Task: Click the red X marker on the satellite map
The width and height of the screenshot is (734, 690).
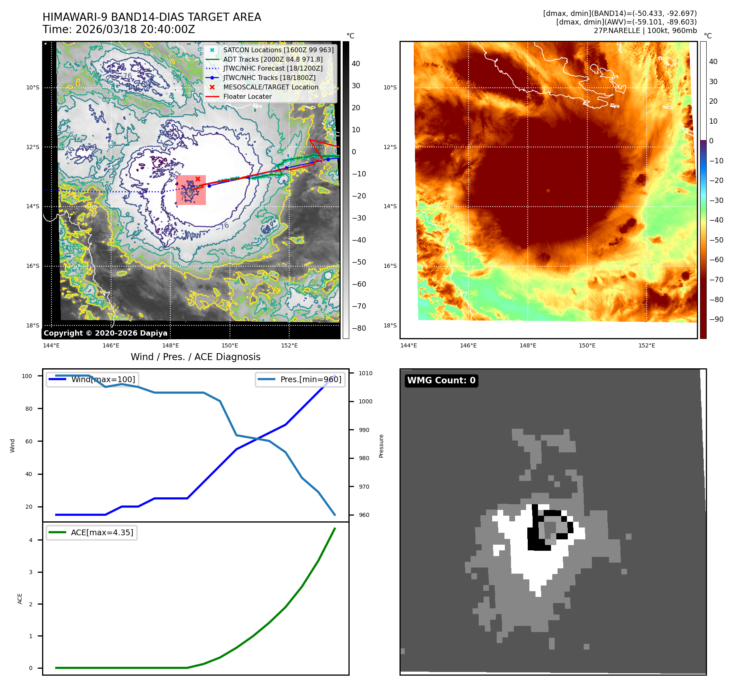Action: (198, 179)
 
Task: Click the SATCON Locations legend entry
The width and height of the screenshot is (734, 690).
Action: (278, 50)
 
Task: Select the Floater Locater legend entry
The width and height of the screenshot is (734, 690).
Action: (247, 97)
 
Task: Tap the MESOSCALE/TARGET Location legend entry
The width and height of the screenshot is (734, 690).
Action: (270, 87)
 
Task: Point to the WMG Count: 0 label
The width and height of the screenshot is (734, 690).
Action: (441, 381)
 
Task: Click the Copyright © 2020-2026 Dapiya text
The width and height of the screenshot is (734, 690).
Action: (105, 333)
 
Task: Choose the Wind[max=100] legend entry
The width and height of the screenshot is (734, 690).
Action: (103, 379)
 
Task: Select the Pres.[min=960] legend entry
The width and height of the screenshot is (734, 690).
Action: (310, 379)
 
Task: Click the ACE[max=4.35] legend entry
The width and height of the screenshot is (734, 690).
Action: (102, 532)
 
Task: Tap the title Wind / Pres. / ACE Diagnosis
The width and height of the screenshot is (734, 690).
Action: (195, 357)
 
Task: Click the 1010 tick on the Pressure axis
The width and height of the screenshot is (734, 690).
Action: (366, 373)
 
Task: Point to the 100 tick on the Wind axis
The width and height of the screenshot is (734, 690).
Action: (27, 376)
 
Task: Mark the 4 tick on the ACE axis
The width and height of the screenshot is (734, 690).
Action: (31, 540)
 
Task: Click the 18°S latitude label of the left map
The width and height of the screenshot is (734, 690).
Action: (33, 325)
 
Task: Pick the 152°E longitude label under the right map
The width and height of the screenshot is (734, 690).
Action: (647, 345)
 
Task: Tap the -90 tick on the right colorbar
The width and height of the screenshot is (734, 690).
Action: (716, 319)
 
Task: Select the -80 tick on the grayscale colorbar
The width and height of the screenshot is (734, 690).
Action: (359, 328)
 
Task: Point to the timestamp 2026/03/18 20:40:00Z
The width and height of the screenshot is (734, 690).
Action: (135, 30)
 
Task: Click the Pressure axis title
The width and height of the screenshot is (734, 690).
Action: (381, 446)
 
